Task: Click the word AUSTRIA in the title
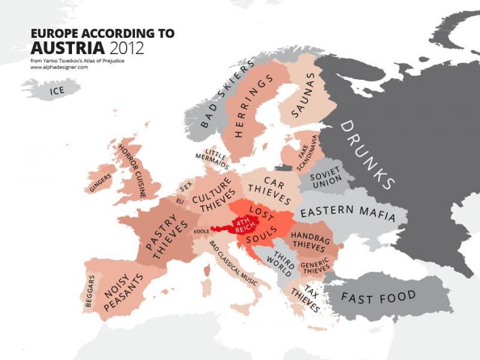(x=68, y=47)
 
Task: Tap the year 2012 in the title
(x=127, y=47)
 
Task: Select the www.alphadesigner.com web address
(x=59, y=67)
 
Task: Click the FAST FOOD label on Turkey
(x=379, y=296)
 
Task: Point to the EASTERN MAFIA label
(x=348, y=212)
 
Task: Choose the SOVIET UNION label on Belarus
(x=325, y=176)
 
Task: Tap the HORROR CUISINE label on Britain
(x=133, y=170)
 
